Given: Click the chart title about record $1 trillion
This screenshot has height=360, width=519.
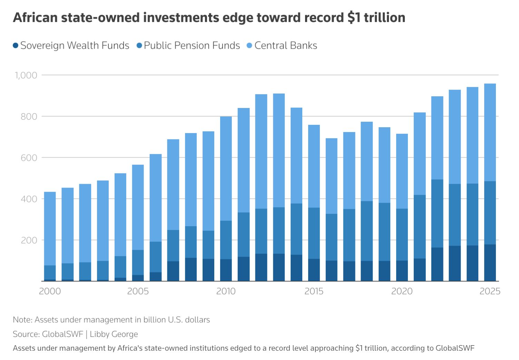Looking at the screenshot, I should coord(209,18).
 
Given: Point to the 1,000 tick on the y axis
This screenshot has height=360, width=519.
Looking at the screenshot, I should coord(26,75).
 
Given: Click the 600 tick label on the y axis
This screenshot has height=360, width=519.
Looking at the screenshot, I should coord(29,158).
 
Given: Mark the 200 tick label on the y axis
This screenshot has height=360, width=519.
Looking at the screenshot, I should coord(29,240).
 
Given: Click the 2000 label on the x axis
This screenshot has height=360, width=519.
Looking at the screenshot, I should coord(50,291).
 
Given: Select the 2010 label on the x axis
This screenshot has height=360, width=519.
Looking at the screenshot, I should coord(226,291).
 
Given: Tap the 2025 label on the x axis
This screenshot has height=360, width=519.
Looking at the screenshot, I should coord(490,291).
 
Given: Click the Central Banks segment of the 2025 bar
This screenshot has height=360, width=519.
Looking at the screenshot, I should coord(490,132).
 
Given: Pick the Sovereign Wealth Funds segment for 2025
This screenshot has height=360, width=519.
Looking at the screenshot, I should coord(490,263).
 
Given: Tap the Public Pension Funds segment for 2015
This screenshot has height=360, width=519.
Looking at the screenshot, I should coord(314,233).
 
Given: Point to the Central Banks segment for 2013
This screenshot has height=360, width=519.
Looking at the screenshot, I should coord(278,150).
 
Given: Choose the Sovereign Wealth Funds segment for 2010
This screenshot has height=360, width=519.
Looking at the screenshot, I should coord(226,270).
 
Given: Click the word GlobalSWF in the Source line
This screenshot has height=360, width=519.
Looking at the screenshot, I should coord(62,334).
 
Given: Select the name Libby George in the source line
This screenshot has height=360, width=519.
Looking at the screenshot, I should coord(114,334).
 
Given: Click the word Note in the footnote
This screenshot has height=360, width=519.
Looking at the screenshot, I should coord(22,320).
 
